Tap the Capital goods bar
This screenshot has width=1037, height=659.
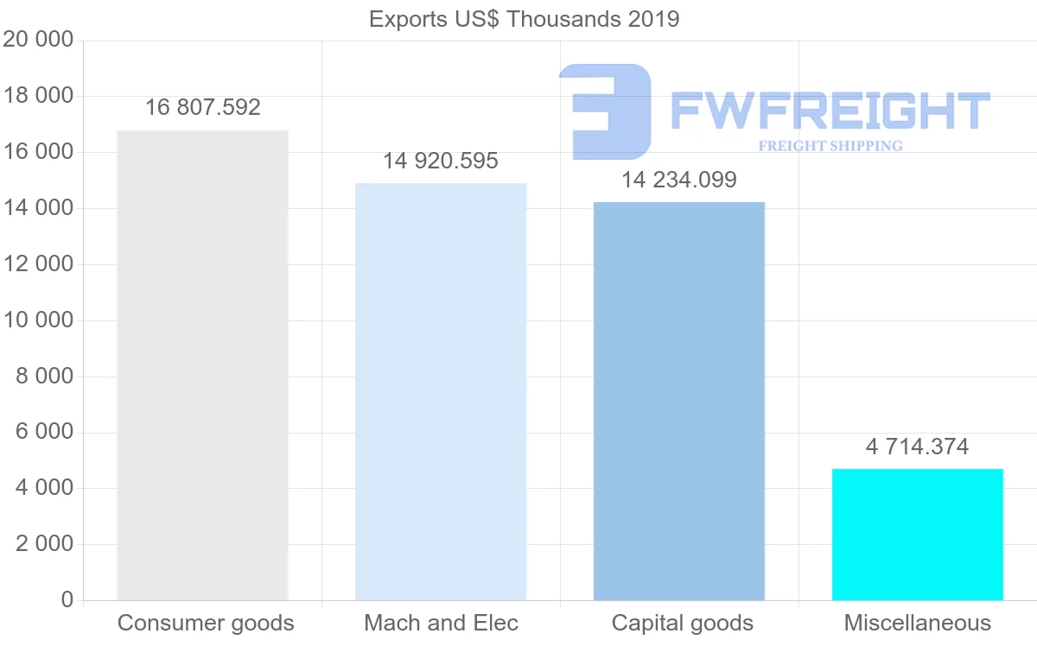pos(679,401)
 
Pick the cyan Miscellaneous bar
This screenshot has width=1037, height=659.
pos(917,535)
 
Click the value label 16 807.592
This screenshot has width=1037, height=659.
pos(202,107)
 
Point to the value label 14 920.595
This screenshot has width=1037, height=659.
pos(441,161)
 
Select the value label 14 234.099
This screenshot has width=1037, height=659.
pos(679,180)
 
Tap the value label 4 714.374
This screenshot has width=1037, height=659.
pos(917,447)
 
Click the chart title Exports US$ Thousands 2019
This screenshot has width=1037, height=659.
pos(525,19)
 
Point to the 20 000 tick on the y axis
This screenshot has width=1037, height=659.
pos(38,40)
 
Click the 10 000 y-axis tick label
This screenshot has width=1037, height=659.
pos(38,320)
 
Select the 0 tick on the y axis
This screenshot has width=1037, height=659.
pos(67,600)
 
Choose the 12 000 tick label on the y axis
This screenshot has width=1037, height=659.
pos(38,264)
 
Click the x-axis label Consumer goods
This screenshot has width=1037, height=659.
pos(206,623)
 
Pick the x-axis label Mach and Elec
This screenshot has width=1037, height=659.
pos(442,623)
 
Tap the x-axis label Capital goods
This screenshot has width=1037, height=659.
pos(683,623)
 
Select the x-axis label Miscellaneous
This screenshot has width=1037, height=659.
pos(918,623)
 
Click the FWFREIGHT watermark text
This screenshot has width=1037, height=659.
pos(830,111)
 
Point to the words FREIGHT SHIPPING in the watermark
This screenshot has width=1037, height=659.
pos(830,146)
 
